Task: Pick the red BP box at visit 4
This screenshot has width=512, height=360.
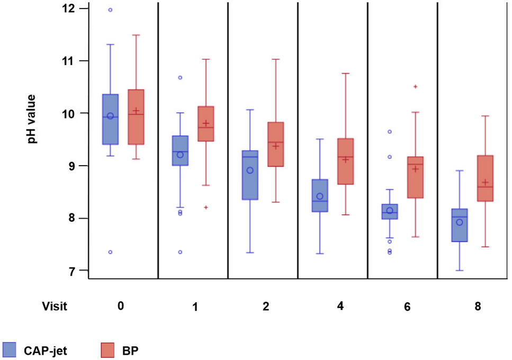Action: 345,161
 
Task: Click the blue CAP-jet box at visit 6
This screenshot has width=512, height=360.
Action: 390,211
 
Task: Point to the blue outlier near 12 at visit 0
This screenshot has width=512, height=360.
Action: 110,10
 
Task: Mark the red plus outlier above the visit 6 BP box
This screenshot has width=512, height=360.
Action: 416,86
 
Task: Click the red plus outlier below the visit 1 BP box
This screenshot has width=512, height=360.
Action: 206,207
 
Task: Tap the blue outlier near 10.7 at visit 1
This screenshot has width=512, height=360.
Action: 180,77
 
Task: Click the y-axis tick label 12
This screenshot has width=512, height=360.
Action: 68,8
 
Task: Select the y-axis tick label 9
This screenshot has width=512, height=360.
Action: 71,166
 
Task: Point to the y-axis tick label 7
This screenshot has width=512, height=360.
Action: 71,271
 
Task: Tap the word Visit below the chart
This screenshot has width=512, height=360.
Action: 56,306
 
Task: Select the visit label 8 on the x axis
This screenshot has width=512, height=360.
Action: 478,306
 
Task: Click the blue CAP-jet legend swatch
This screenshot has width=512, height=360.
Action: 11,350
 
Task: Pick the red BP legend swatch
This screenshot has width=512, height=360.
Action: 109,350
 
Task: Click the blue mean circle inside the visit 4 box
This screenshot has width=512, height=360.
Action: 320,196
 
